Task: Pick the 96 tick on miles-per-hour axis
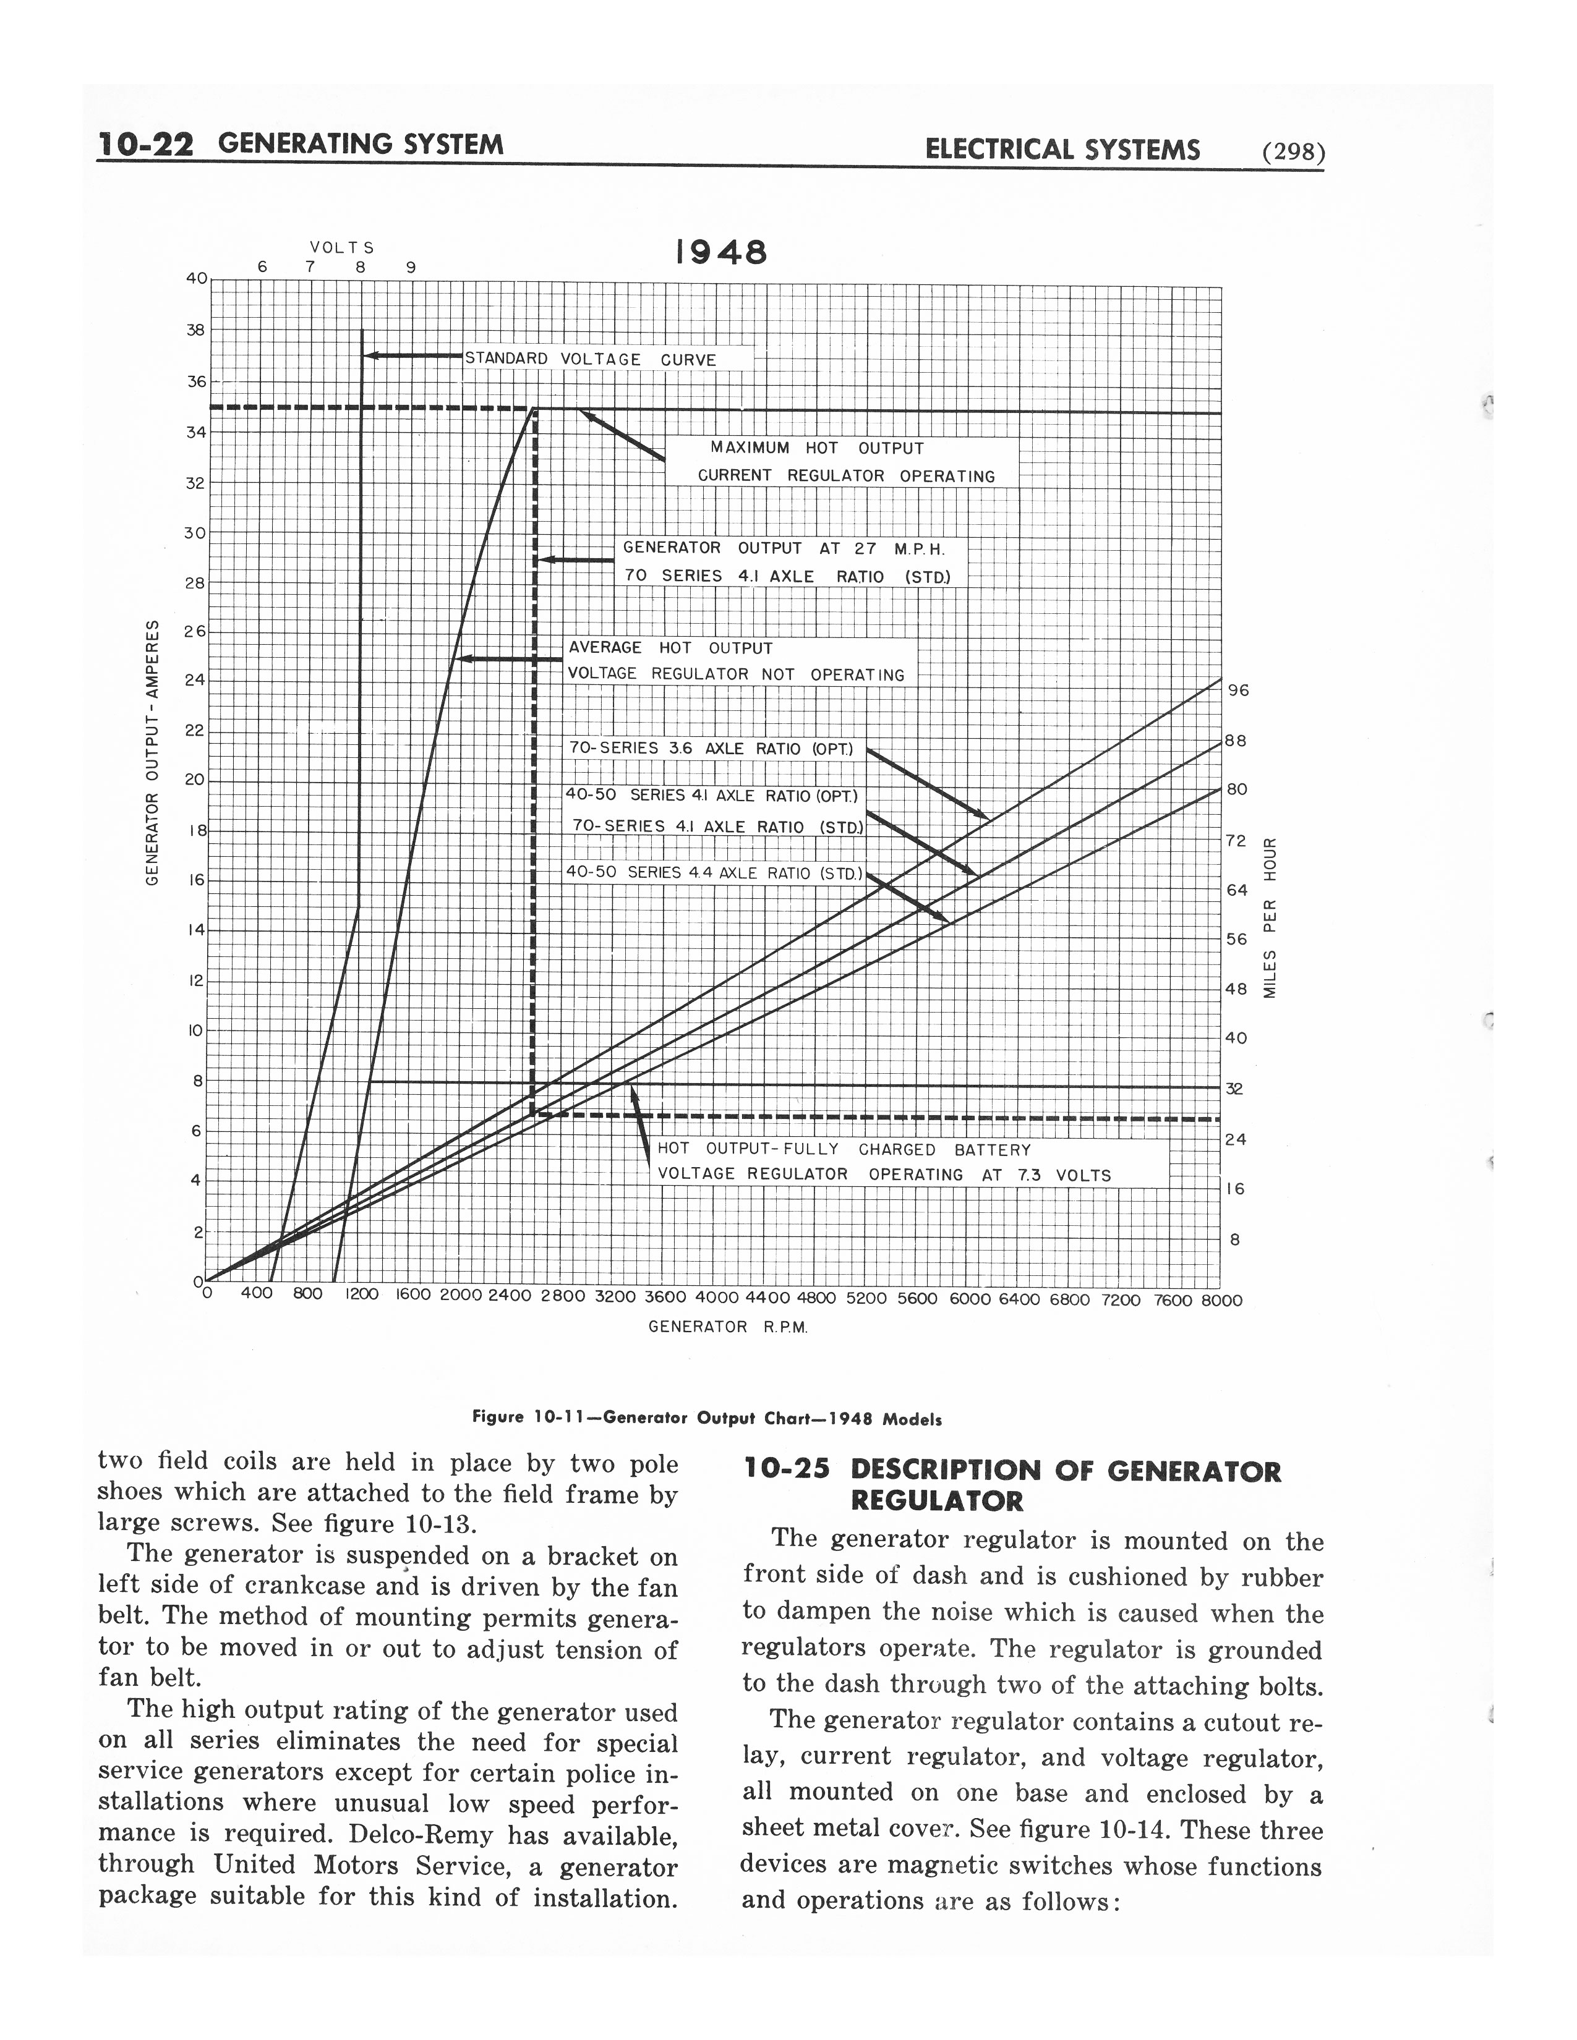(1238, 691)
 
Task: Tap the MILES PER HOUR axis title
(1270, 917)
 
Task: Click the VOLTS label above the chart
(342, 247)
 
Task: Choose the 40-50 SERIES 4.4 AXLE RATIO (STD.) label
(713, 872)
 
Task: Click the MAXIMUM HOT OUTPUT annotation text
(816, 448)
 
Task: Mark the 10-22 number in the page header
(146, 145)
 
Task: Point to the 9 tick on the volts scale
(409, 267)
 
